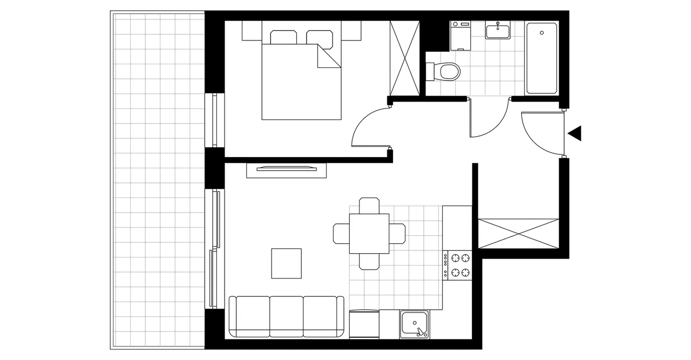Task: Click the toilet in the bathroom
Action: (x=446, y=71)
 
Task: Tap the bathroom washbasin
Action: (x=497, y=31)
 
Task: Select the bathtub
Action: (x=541, y=58)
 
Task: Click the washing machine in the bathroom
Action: (x=460, y=35)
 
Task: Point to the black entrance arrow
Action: (x=574, y=133)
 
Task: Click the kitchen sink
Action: (x=415, y=325)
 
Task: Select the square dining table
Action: (x=369, y=234)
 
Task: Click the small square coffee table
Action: (x=286, y=263)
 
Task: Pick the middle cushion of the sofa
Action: (x=286, y=316)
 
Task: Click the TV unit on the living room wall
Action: (x=287, y=169)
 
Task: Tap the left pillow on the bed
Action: (x=282, y=37)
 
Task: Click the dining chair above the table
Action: (x=369, y=206)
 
